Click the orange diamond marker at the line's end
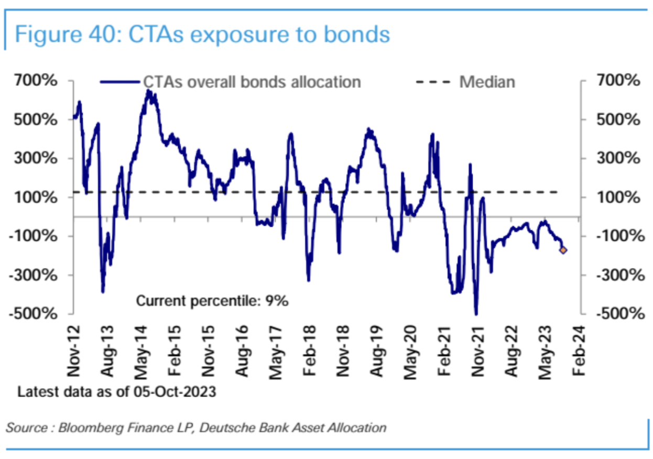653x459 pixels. click(563, 250)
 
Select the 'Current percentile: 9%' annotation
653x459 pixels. click(212, 301)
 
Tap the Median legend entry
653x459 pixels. click(487, 82)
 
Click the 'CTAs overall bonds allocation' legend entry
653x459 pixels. click(252, 82)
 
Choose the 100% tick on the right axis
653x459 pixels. click(618, 198)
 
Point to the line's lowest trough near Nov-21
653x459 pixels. click(476, 314)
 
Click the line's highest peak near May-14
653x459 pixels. click(148, 91)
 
